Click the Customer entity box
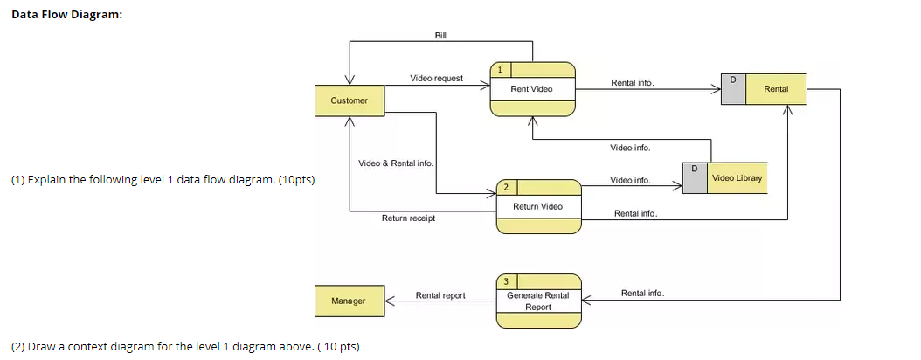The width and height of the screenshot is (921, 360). click(349, 100)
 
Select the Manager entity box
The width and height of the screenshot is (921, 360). click(349, 301)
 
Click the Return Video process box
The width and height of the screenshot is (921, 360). click(537, 206)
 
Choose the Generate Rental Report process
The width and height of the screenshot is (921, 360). click(537, 301)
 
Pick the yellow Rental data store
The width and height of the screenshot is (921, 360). click(775, 89)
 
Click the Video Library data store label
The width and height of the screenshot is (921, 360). click(737, 178)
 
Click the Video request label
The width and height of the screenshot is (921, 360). click(436, 79)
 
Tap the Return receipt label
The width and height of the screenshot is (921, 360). click(408, 218)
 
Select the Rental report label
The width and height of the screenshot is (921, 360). click(440, 295)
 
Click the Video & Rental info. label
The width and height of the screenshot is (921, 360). click(395, 163)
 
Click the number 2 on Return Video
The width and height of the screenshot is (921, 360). click(506, 187)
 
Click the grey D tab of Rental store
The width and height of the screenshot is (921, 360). click(733, 89)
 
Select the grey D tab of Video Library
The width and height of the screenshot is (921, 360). click(695, 178)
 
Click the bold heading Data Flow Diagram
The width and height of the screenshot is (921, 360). click(66, 15)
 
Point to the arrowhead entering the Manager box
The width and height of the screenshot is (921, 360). click(390, 301)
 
